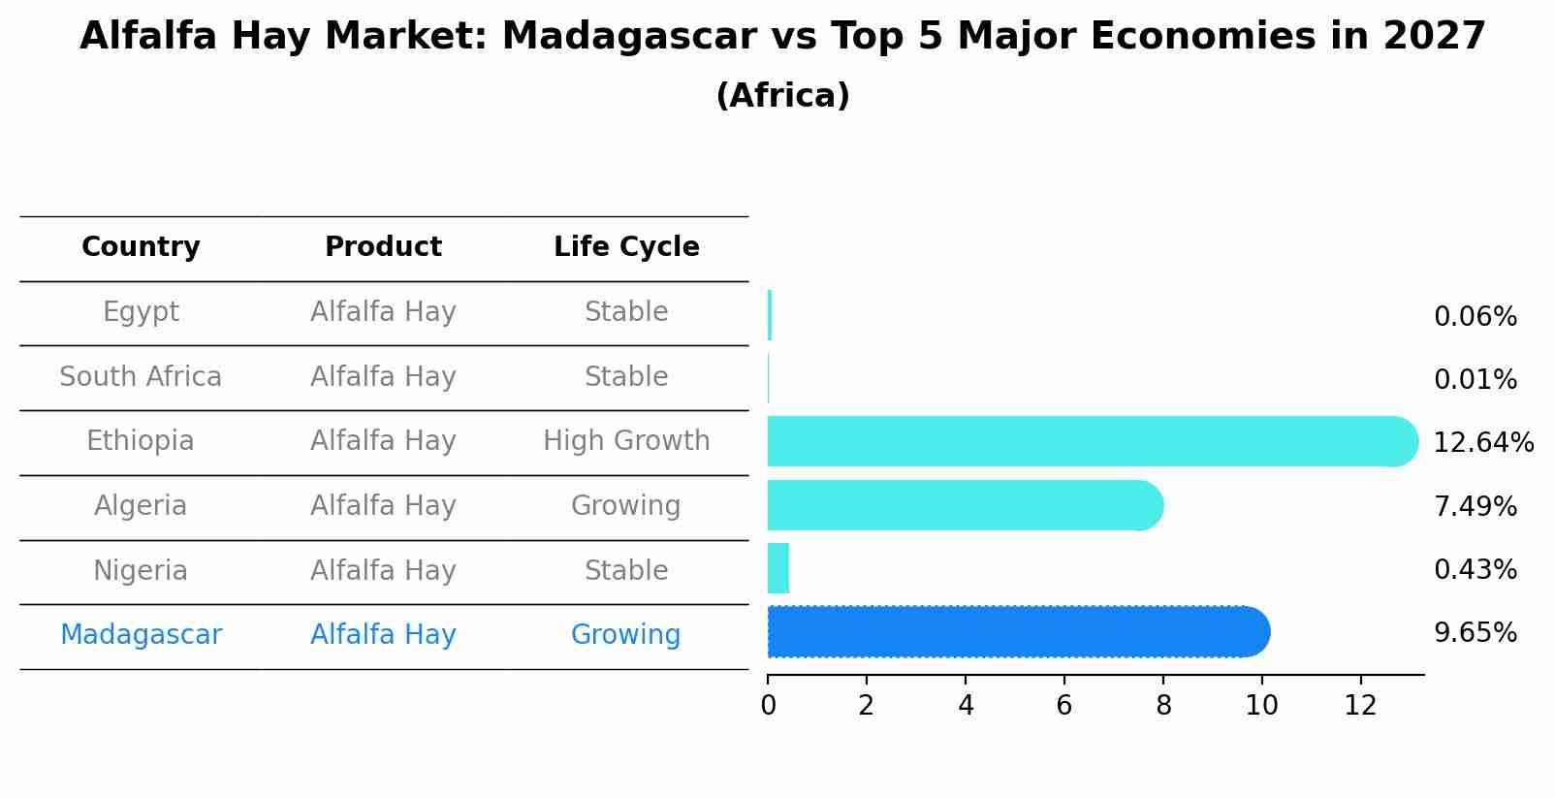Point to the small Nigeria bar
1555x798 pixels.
[778, 568]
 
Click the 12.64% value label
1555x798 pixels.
[1482, 443]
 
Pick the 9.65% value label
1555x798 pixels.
[1475, 633]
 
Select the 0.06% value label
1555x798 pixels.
[1475, 317]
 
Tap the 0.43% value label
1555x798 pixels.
[1475, 570]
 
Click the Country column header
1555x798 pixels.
[141, 247]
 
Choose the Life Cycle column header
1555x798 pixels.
[626, 247]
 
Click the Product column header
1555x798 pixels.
[383, 247]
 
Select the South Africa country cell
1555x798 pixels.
[141, 377]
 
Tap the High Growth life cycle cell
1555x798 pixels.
[626, 441]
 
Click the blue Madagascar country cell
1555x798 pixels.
[141, 635]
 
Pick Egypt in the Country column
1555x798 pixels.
[141, 312]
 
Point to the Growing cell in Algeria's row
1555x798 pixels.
[626, 506]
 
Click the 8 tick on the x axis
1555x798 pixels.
[1163, 706]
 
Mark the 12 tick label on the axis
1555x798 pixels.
[1360, 706]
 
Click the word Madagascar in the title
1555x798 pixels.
[629, 37]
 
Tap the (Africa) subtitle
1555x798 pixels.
[782, 96]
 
